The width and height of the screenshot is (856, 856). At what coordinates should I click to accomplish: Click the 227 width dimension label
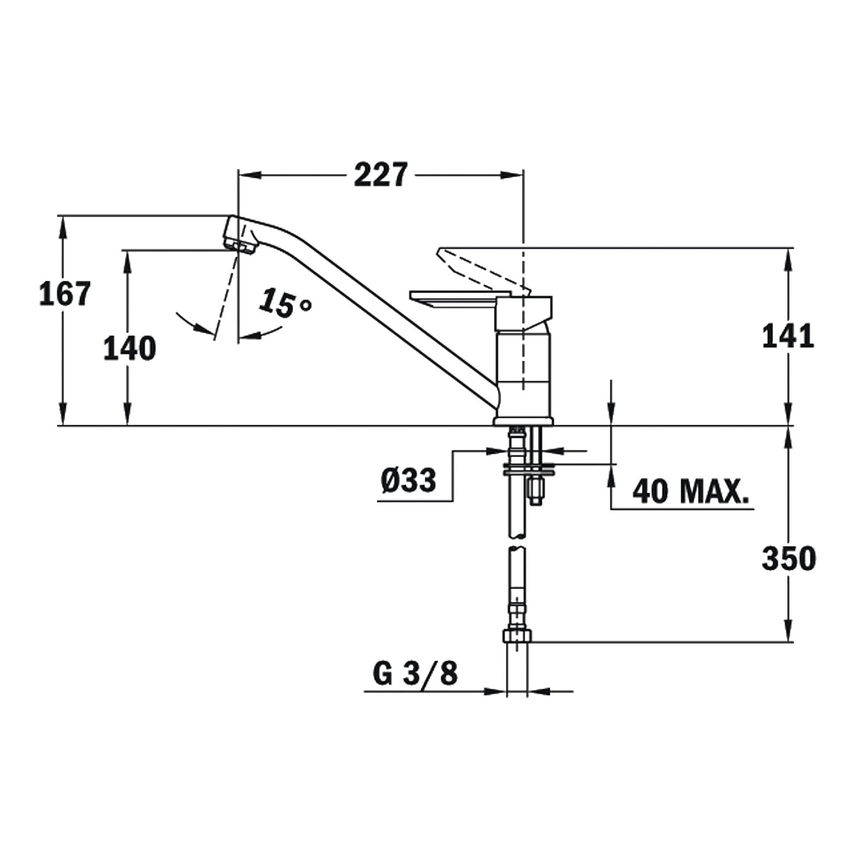(x=381, y=175)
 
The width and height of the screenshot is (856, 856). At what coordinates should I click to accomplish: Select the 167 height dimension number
(x=65, y=294)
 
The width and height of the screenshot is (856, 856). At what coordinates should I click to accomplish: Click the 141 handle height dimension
(x=787, y=337)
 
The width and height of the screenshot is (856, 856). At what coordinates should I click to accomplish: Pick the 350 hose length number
(x=788, y=559)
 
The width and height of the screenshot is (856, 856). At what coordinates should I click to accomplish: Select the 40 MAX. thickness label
(x=690, y=491)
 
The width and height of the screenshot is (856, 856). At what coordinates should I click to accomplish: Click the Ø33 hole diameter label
(x=409, y=480)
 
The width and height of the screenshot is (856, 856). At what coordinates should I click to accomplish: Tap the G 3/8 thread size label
(x=415, y=674)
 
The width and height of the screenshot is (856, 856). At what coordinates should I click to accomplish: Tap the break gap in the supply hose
(x=517, y=543)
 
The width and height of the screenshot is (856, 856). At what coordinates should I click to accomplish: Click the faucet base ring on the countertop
(x=523, y=421)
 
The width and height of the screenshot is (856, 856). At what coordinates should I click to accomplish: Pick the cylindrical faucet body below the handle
(x=524, y=373)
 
